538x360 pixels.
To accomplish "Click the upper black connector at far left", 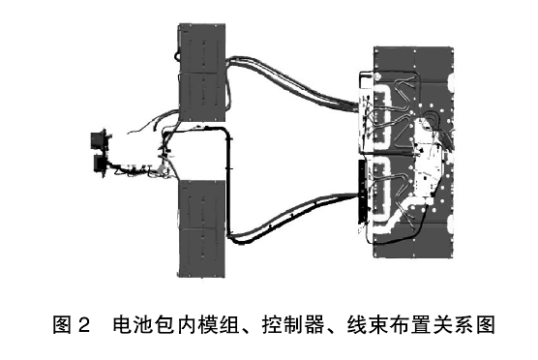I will tap(98, 141).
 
